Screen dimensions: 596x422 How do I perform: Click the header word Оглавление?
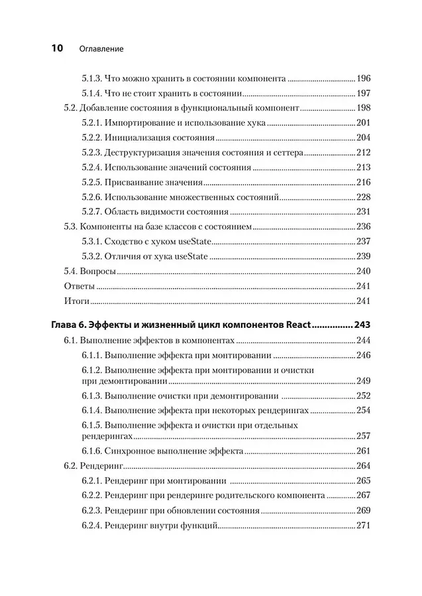click(x=101, y=48)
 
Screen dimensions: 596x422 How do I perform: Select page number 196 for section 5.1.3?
click(x=364, y=77)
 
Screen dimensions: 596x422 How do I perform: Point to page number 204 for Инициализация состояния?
click(x=364, y=138)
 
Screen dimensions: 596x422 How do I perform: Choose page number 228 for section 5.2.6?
click(x=364, y=197)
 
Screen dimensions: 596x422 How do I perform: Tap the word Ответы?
click(x=79, y=287)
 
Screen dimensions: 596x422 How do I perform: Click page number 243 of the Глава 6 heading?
click(x=362, y=325)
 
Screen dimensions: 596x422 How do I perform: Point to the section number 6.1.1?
click(x=95, y=355)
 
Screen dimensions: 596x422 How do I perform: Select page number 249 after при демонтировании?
click(x=364, y=381)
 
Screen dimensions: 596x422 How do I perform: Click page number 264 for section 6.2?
click(x=364, y=466)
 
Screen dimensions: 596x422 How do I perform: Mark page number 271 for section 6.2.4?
click(x=364, y=526)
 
